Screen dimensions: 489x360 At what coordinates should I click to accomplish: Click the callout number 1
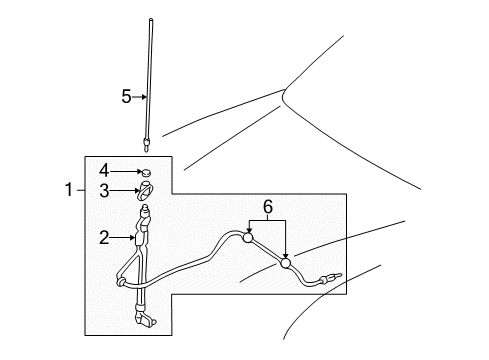click(x=69, y=190)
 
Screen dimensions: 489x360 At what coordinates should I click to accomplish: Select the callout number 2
click(x=104, y=238)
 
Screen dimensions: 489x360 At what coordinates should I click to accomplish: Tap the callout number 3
click(x=104, y=191)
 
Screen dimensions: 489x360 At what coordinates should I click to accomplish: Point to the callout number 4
click(x=104, y=171)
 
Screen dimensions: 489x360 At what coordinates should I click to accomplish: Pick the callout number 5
click(x=126, y=97)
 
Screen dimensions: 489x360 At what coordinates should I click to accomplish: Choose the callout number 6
click(x=268, y=207)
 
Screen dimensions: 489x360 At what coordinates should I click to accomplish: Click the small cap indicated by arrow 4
click(x=146, y=172)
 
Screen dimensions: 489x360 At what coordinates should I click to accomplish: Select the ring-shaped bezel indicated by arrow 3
click(x=146, y=191)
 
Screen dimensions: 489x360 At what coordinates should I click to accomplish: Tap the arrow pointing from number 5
click(x=139, y=97)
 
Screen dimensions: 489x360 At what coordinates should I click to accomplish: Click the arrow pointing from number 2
click(x=122, y=238)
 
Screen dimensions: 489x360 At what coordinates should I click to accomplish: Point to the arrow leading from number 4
click(x=126, y=171)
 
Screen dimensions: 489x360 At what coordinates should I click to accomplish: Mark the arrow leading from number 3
click(x=125, y=191)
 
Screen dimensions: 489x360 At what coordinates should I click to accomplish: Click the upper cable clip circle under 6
click(x=248, y=237)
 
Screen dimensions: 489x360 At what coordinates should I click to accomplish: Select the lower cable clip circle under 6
click(x=285, y=263)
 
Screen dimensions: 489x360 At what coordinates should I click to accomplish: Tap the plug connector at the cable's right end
click(x=330, y=277)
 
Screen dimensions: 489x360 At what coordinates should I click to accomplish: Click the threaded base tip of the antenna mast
click(x=146, y=145)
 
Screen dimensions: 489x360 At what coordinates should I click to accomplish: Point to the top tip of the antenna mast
click(x=151, y=20)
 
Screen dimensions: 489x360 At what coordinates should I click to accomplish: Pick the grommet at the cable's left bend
click(x=121, y=281)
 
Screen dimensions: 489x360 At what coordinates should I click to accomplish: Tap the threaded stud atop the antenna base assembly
click(x=145, y=209)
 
